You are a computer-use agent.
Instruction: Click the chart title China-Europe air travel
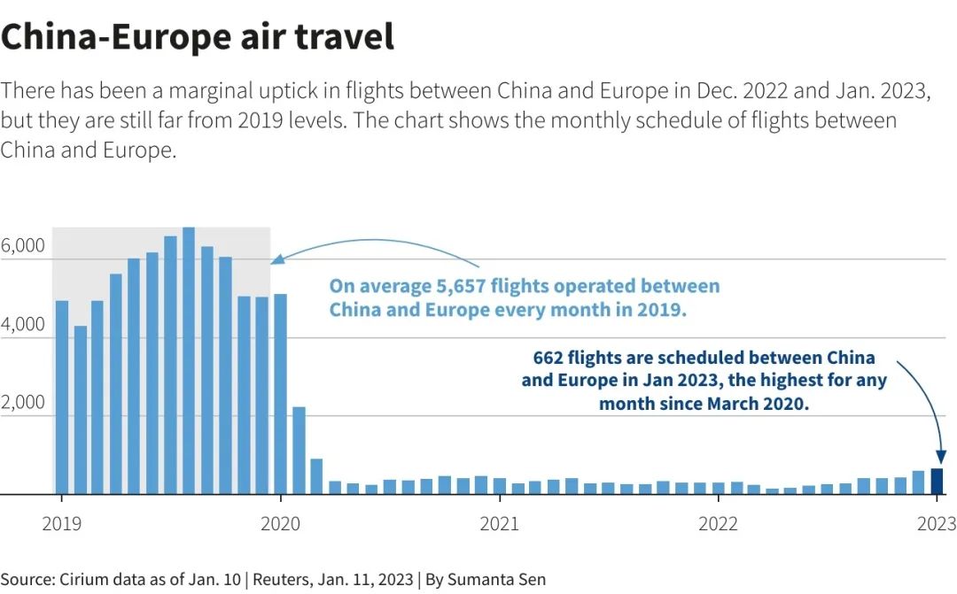(x=197, y=36)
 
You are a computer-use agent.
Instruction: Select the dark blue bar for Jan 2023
(x=937, y=481)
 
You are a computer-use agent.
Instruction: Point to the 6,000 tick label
(x=23, y=246)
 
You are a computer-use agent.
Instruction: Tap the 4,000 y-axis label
(x=23, y=324)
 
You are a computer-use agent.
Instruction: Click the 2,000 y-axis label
(x=23, y=402)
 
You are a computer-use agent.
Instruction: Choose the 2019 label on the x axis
(x=61, y=523)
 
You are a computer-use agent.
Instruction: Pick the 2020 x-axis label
(x=280, y=523)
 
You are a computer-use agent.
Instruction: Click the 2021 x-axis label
(x=499, y=523)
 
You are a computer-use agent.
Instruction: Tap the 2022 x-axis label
(x=718, y=523)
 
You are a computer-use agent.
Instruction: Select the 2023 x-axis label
(x=937, y=523)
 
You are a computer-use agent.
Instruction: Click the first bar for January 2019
(x=62, y=397)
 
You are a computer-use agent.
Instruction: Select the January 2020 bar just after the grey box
(x=280, y=394)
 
